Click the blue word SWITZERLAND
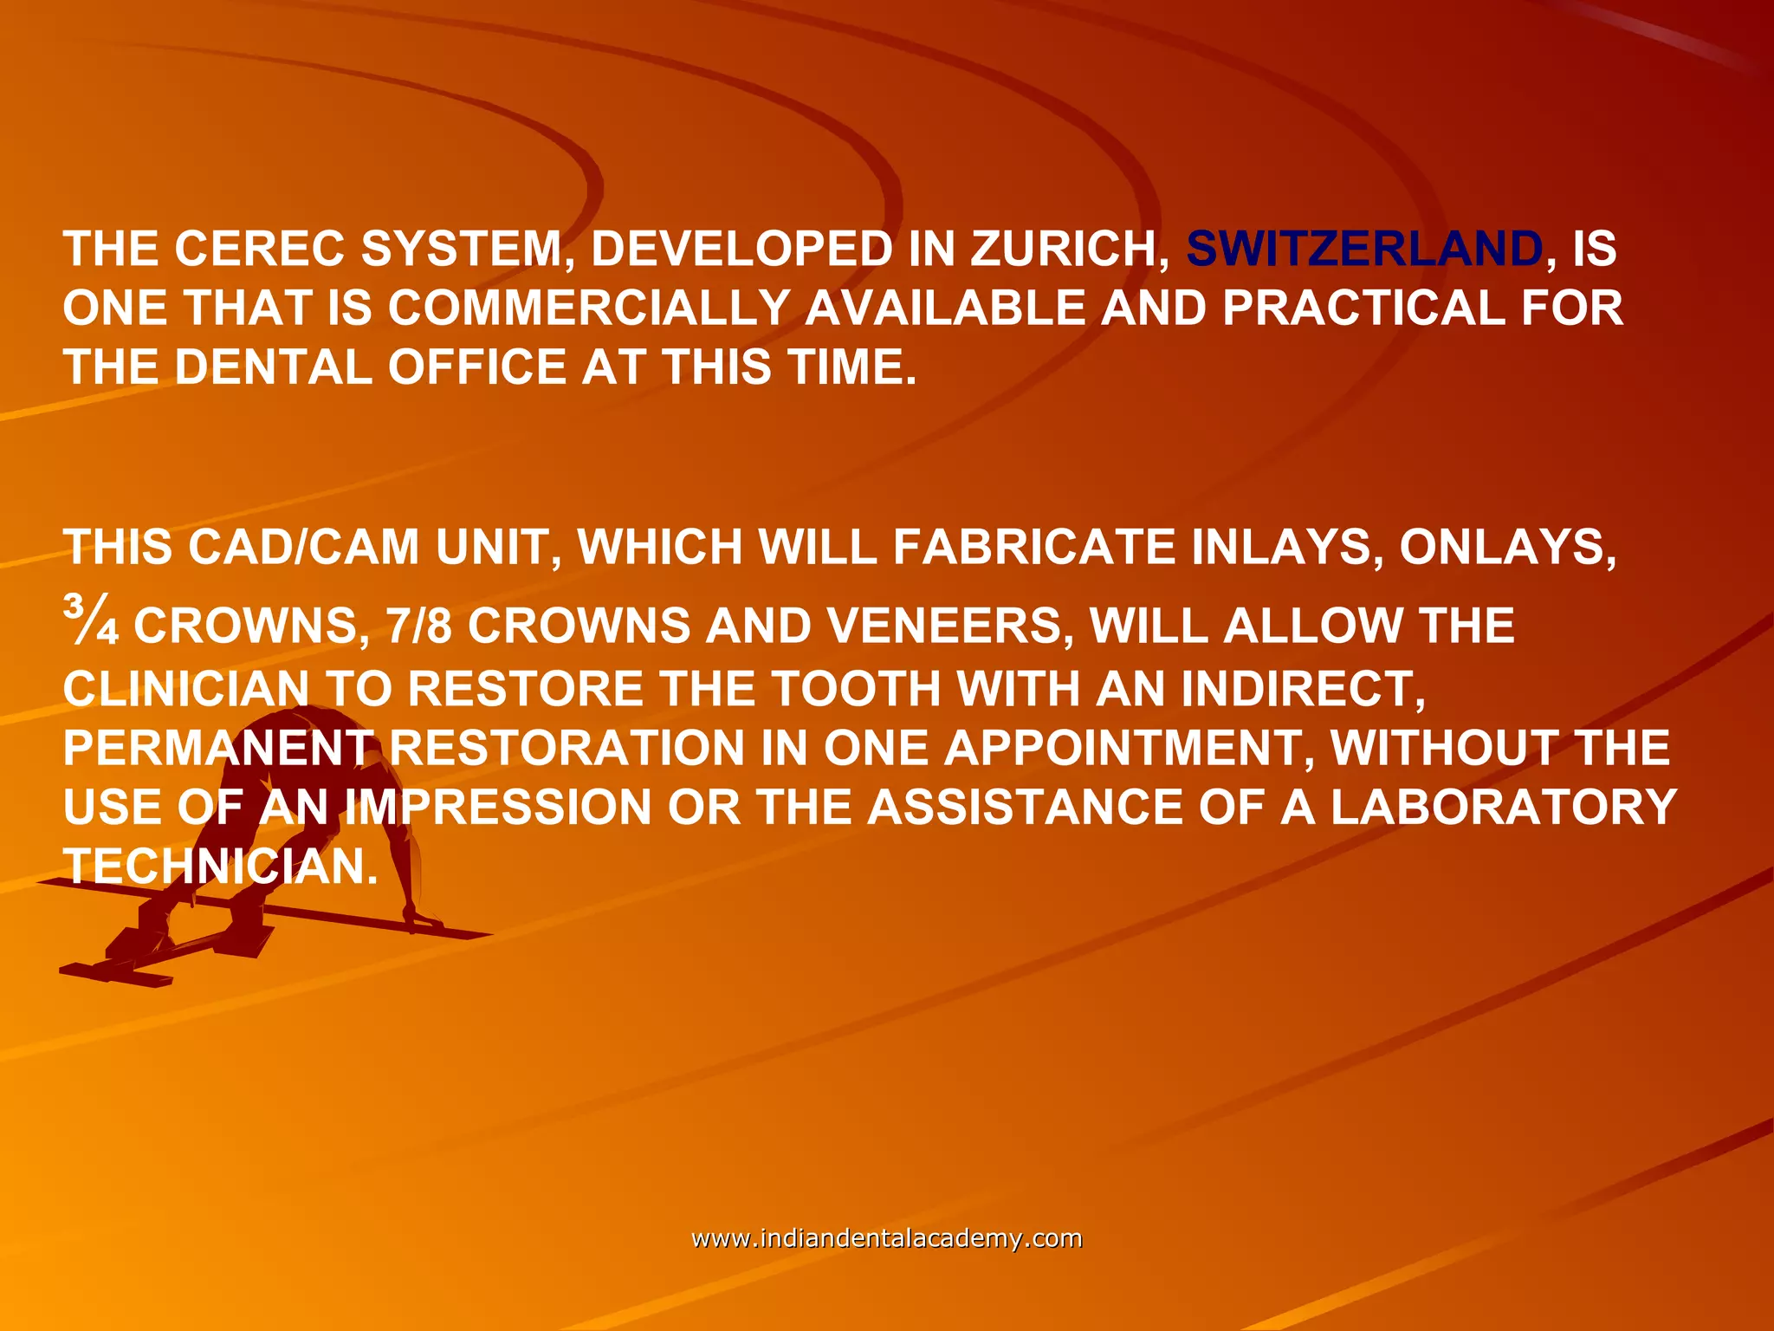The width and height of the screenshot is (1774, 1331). pos(1363,249)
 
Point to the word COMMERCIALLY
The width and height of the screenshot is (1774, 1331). pos(588,308)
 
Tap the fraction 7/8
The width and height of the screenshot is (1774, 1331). pos(419,626)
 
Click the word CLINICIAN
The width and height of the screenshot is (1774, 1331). pos(186,689)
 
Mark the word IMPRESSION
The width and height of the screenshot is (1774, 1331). pos(497,807)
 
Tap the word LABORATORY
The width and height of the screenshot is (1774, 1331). pos(1504,807)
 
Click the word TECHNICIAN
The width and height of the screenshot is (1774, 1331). pos(221,866)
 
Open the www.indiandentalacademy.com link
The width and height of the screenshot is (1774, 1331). pos(887,1238)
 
